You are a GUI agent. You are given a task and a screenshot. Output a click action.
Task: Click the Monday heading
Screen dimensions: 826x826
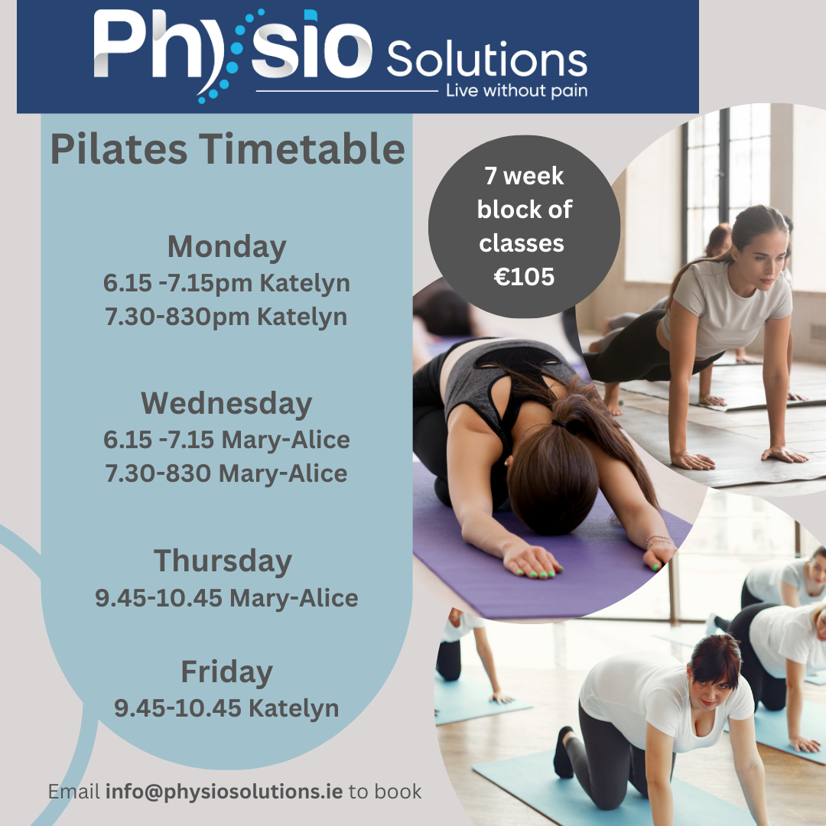click(x=226, y=247)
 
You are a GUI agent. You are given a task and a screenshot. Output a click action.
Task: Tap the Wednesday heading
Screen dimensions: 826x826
click(x=226, y=404)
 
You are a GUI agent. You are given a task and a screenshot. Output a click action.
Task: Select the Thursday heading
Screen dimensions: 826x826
click(x=223, y=561)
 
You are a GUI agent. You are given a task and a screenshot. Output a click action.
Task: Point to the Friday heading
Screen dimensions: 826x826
click(x=227, y=672)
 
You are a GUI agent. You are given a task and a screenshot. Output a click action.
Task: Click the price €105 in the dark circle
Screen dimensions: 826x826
click(x=524, y=277)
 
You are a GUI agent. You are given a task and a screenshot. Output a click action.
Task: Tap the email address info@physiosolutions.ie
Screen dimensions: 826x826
click(x=224, y=792)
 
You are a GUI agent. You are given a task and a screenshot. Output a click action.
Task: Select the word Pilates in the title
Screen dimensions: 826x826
click(x=119, y=148)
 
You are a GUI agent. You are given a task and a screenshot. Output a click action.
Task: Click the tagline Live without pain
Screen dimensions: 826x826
click(x=517, y=90)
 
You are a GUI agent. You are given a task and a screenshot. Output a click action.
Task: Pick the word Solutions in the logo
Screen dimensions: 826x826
click(x=487, y=58)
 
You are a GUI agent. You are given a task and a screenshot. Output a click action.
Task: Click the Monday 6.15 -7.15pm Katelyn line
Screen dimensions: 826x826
click(x=226, y=284)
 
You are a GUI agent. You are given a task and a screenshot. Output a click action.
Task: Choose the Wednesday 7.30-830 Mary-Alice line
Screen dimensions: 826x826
click(x=226, y=473)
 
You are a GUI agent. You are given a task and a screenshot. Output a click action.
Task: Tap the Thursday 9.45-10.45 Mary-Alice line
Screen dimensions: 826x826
click(x=226, y=598)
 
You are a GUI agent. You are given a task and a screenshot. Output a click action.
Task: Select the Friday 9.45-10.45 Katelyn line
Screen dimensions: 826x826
click(x=226, y=708)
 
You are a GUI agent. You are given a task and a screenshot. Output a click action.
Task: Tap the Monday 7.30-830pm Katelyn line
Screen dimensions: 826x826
click(x=226, y=317)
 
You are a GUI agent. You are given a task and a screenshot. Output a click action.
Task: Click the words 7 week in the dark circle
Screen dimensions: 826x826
click(x=524, y=176)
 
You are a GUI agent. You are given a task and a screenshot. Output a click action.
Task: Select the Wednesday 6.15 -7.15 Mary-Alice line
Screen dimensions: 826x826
click(x=226, y=440)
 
